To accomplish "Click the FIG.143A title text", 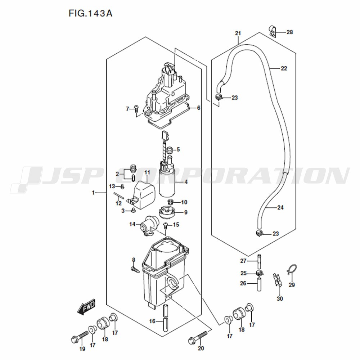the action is [x=90, y=13].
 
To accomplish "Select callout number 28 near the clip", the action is [x=290, y=32].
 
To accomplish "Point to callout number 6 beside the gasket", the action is [x=199, y=108].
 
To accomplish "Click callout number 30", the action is [x=280, y=299].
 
